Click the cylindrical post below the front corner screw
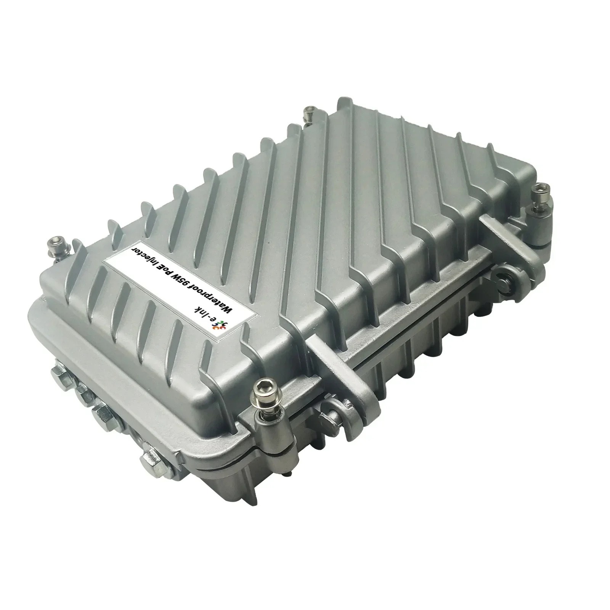[x=267, y=438]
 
